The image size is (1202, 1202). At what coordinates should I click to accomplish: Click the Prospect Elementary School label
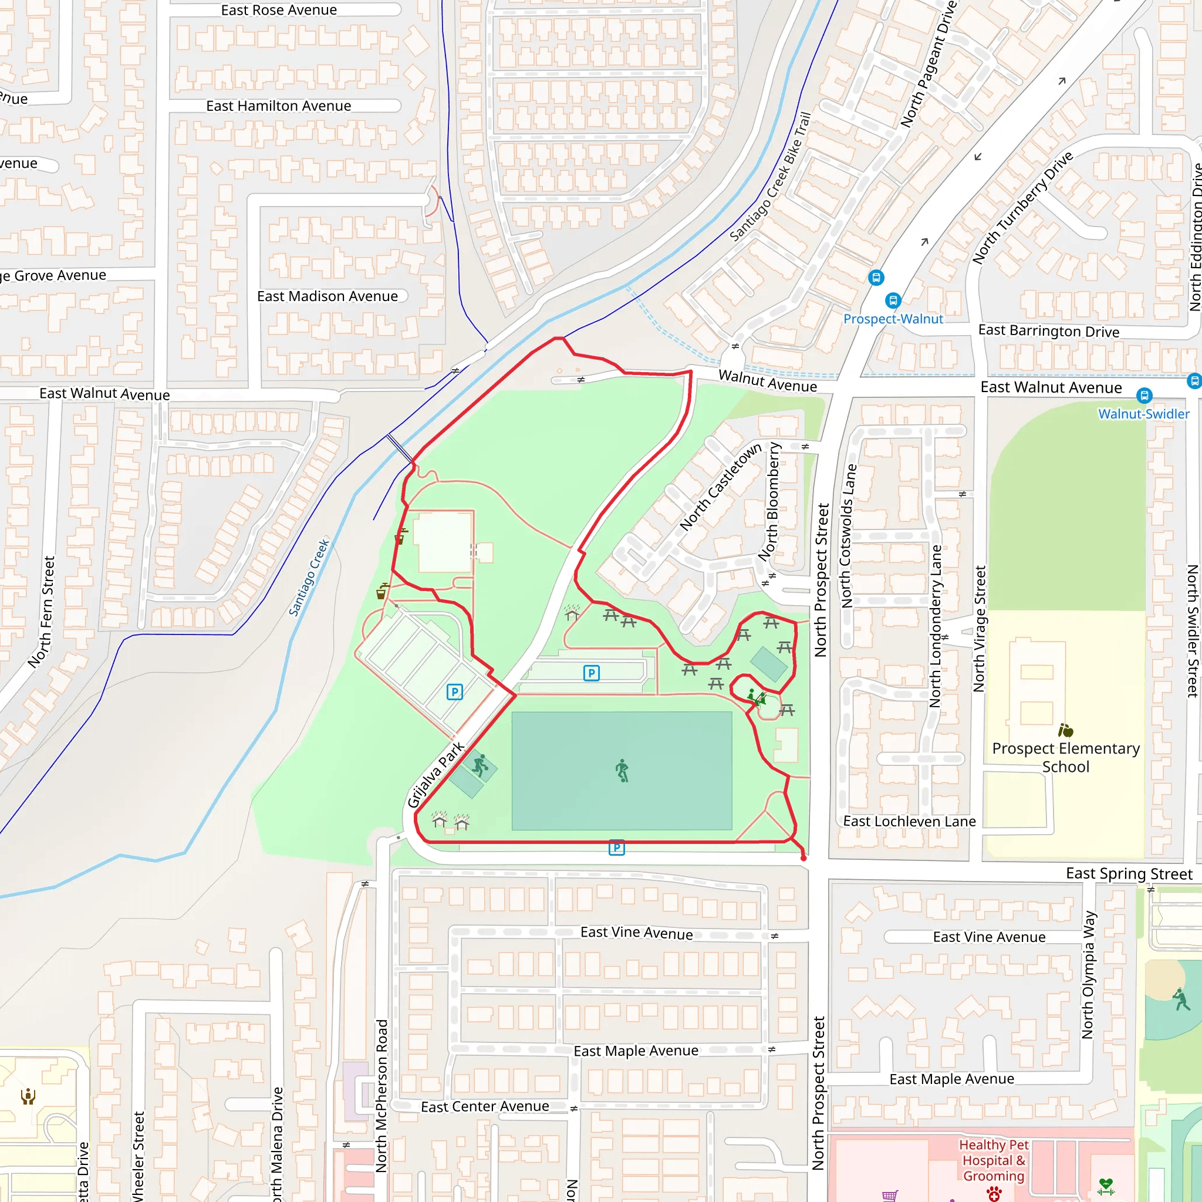(1066, 757)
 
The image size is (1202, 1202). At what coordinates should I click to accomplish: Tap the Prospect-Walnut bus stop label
(893, 319)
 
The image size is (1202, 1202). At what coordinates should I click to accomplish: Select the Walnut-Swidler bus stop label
(1143, 414)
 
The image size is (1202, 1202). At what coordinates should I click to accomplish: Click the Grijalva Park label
(435, 775)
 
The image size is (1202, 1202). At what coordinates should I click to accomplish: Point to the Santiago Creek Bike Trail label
(770, 177)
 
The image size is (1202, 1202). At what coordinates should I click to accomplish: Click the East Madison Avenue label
(327, 296)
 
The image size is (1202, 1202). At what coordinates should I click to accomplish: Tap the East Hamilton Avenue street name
(278, 106)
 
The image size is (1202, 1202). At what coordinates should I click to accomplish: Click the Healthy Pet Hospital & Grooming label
(994, 1160)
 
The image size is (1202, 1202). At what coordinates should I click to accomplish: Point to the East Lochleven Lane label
(909, 821)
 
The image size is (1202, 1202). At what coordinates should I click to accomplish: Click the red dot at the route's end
(804, 858)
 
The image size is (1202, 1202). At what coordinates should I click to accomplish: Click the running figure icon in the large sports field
(622, 770)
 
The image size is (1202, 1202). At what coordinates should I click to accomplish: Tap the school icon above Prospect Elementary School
(1066, 730)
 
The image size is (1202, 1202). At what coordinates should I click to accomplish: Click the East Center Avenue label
(485, 1107)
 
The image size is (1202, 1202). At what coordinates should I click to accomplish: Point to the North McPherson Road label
(382, 1095)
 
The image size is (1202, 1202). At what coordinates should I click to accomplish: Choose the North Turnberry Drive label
(1022, 207)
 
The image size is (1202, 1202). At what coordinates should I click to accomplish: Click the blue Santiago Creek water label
(309, 578)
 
